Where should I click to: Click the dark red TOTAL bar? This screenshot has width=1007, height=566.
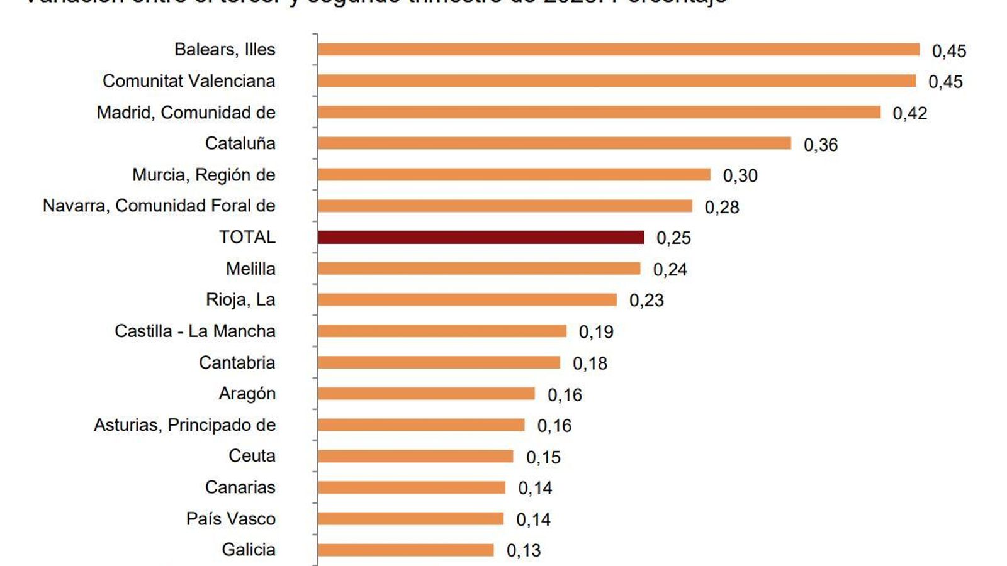pyautogui.click(x=481, y=237)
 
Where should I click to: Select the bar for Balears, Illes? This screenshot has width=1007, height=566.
pyautogui.click(x=618, y=50)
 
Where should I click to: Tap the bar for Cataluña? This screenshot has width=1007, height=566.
pyautogui.click(x=554, y=143)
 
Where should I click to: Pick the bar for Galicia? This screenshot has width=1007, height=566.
pyautogui.click(x=405, y=550)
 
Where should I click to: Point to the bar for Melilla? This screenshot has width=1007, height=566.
pyautogui.click(x=478, y=269)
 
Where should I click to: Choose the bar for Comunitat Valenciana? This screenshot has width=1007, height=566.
pyautogui.click(x=617, y=80)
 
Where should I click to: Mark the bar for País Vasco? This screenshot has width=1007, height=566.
pyautogui.click(x=410, y=518)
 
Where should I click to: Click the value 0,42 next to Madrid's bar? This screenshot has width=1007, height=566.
pyautogui.click(x=909, y=113)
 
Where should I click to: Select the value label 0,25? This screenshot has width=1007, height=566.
pyautogui.click(x=673, y=238)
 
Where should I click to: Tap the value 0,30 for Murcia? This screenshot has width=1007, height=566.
pyautogui.click(x=740, y=175)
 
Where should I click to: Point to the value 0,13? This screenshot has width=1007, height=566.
pyautogui.click(x=523, y=550)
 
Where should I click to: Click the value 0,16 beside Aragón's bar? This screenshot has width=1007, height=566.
pyautogui.click(x=565, y=394)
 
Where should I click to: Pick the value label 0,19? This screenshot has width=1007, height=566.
pyautogui.click(x=595, y=331)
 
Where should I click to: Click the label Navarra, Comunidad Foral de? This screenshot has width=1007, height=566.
pyautogui.click(x=159, y=206)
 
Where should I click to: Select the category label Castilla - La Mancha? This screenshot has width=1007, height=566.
pyautogui.click(x=195, y=331)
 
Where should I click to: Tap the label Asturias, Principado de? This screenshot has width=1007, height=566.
pyautogui.click(x=185, y=425)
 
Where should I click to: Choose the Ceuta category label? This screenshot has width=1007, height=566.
pyautogui.click(x=252, y=456)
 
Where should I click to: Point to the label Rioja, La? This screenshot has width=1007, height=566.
pyautogui.click(x=240, y=299)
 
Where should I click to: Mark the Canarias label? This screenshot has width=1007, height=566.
pyautogui.click(x=240, y=487)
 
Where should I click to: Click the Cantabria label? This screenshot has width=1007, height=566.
pyautogui.click(x=237, y=362)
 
